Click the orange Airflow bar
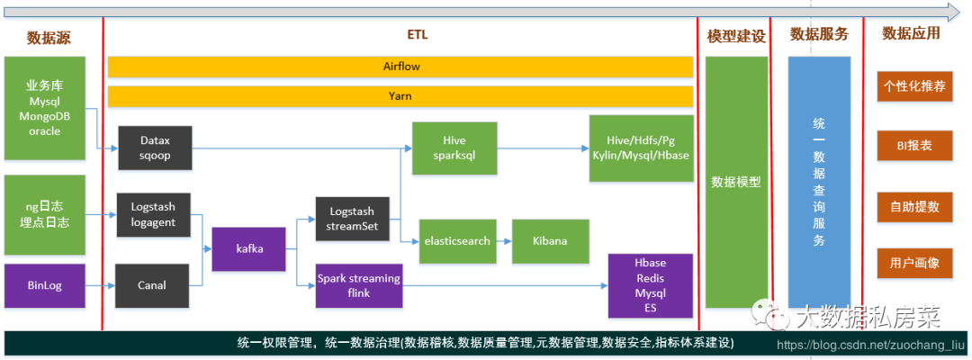[x=400, y=67]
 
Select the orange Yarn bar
[x=400, y=95]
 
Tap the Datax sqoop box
[x=155, y=148]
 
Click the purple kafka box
[x=248, y=248]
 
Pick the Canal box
[x=153, y=285]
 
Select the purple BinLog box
[x=44, y=285]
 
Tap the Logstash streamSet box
[x=352, y=218]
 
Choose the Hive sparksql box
[x=454, y=148]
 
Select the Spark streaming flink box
[x=358, y=285]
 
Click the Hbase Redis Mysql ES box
[x=650, y=285]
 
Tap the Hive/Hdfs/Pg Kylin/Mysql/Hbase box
[x=641, y=148]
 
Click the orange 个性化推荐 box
[x=913, y=87]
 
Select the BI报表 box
[x=913, y=146]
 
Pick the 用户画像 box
[x=913, y=263]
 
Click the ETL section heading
[x=418, y=35]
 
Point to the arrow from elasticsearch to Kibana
[x=502, y=241]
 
